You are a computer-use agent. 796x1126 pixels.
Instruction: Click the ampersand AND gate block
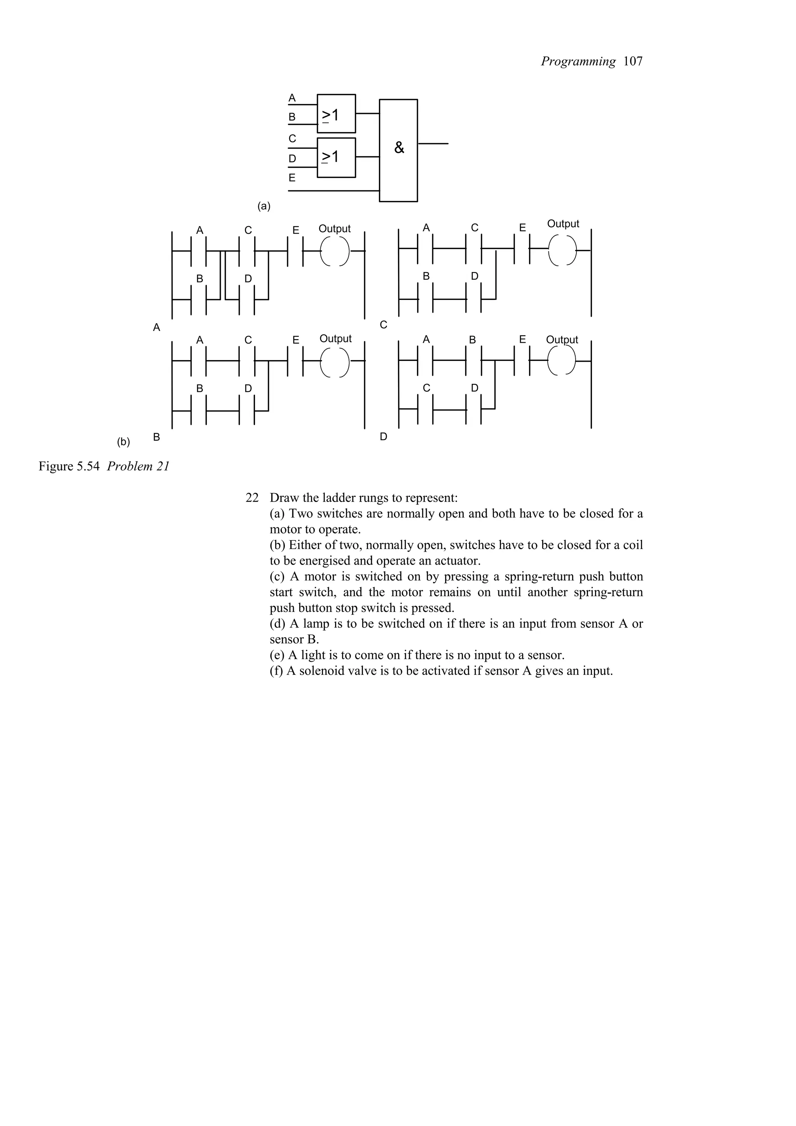click(x=398, y=150)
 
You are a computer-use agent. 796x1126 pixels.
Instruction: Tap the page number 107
click(x=633, y=61)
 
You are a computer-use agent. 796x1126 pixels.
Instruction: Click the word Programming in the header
click(x=578, y=61)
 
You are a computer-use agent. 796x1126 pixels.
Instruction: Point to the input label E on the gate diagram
click(x=292, y=178)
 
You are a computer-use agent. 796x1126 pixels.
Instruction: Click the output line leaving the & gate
click(x=433, y=144)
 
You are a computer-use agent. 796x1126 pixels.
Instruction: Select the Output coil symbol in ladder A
click(x=335, y=252)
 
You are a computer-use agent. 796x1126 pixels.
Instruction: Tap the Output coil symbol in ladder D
click(x=562, y=361)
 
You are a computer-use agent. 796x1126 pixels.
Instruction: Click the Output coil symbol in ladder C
click(x=562, y=250)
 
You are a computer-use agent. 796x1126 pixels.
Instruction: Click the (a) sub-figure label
click(x=264, y=206)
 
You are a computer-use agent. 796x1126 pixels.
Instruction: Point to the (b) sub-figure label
click(x=123, y=442)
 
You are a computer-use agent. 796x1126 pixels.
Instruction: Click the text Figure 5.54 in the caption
click(x=70, y=466)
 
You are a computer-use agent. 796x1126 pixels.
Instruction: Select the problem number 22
click(x=251, y=498)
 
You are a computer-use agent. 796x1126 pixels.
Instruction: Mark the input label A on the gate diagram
click(x=292, y=98)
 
